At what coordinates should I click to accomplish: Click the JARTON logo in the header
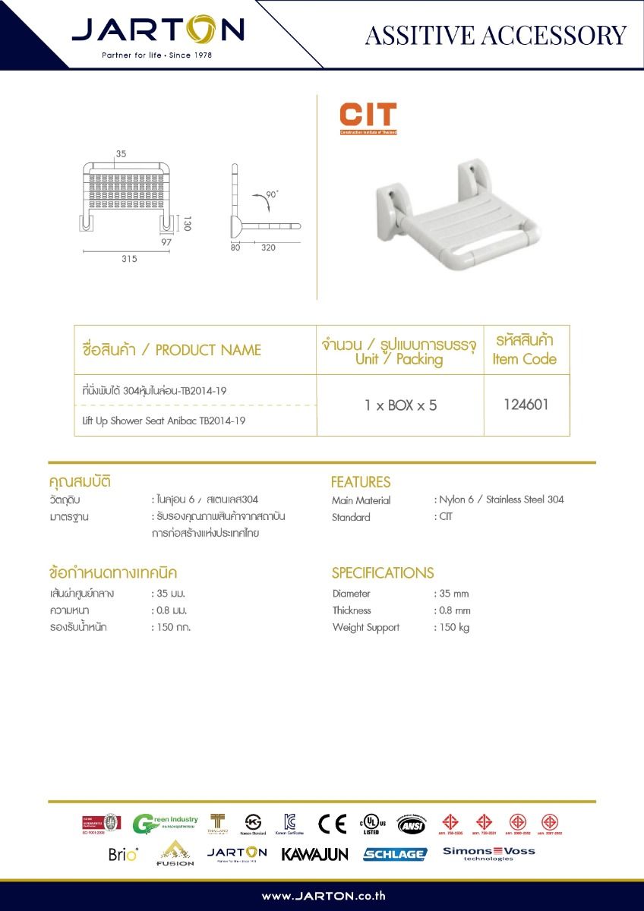pyautogui.click(x=158, y=32)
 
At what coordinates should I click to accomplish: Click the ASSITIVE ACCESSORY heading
pyautogui.click(x=495, y=35)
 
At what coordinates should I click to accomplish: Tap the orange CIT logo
pyautogui.click(x=368, y=118)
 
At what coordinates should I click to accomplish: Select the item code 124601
pyautogui.click(x=526, y=405)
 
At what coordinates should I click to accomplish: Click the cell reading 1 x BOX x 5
pyautogui.click(x=400, y=405)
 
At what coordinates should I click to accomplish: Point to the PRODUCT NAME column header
pyautogui.click(x=172, y=350)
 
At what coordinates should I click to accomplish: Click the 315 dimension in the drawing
pyautogui.click(x=128, y=259)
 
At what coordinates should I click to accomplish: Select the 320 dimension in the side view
pyautogui.click(x=268, y=247)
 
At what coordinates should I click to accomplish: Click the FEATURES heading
pyautogui.click(x=361, y=482)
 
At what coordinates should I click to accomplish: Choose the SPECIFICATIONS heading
pyautogui.click(x=383, y=573)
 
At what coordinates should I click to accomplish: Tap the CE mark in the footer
pyautogui.click(x=332, y=824)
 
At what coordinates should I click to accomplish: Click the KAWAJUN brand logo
pyautogui.click(x=314, y=854)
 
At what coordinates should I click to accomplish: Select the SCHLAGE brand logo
pyautogui.click(x=394, y=854)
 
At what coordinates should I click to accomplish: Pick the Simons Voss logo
pyautogui.click(x=489, y=853)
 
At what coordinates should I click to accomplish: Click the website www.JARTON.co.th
pyautogui.click(x=324, y=896)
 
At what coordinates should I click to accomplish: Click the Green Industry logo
pyautogui.click(x=165, y=824)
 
